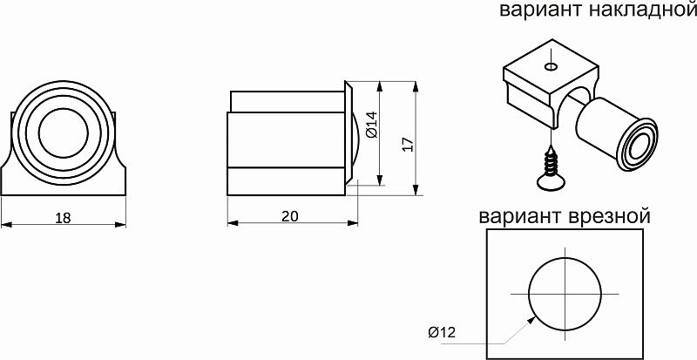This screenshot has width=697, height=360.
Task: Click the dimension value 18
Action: tap(63, 218)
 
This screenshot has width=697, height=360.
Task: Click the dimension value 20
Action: tap(289, 218)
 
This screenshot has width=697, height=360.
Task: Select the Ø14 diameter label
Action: tap(370, 126)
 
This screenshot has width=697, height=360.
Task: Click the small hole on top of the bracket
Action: tap(551, 66)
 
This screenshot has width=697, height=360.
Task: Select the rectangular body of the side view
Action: tap(285, 139)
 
